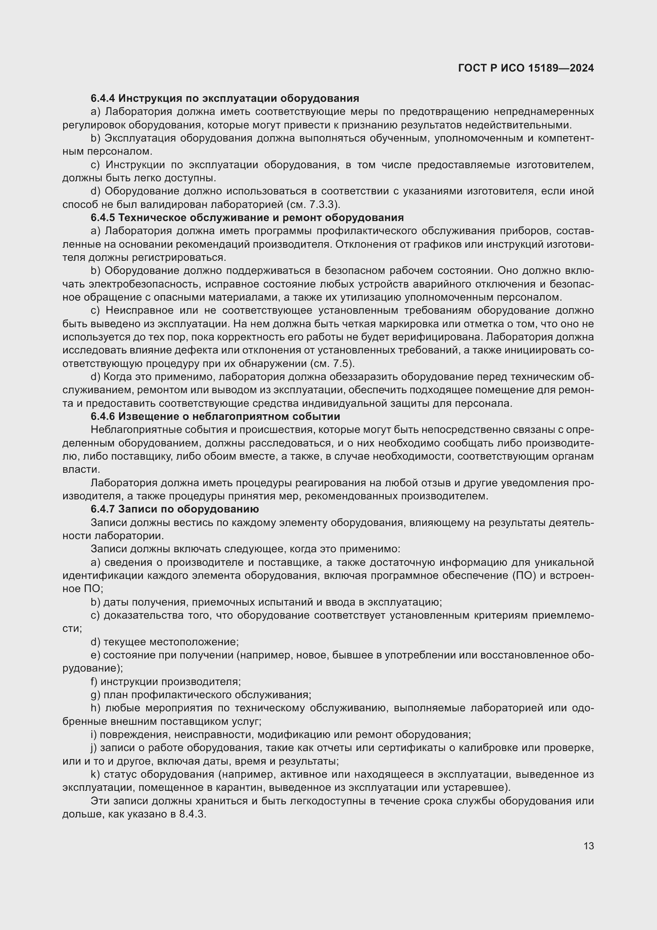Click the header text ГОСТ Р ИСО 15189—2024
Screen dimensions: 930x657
pyautogui.click(x=526, y=68)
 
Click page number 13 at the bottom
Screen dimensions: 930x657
pyautogui.click(x=589, y=845)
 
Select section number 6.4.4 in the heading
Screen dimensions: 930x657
pyautogui.click(x=103, y=98)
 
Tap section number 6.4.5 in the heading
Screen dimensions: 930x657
pyautogui.click(x=103, y=217)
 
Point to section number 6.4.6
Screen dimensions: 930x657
pyautogui.click(x=103, y=416)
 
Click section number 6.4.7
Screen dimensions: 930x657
pyautogui.click(x=103, y=509)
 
